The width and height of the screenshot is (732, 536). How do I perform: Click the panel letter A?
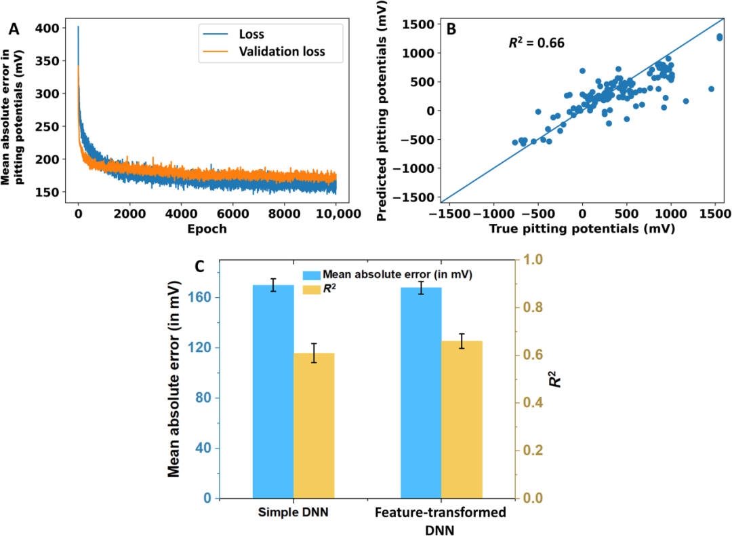click(x=14, y=29)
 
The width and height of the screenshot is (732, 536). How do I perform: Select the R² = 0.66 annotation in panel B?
click(x=536, y=43)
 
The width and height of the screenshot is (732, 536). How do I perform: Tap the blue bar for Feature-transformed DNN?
click(x=421, y=393)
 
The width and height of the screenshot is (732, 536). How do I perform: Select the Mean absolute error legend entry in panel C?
click(x=397, y=275)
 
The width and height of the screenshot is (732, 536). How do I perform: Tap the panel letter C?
click(x=200, y=267)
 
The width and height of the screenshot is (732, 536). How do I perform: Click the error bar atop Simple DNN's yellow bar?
click(x=314, y=353)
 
